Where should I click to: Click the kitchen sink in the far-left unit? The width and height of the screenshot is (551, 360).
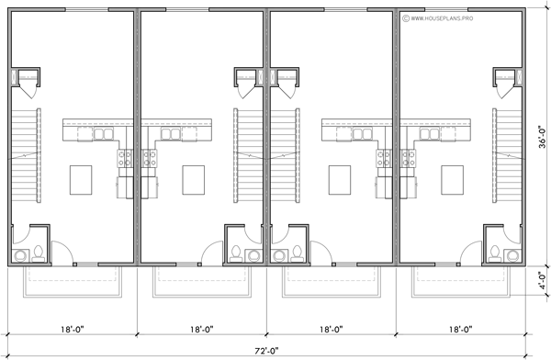click(100, 134)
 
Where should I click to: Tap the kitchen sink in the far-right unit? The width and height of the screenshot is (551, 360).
click(428, 134)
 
